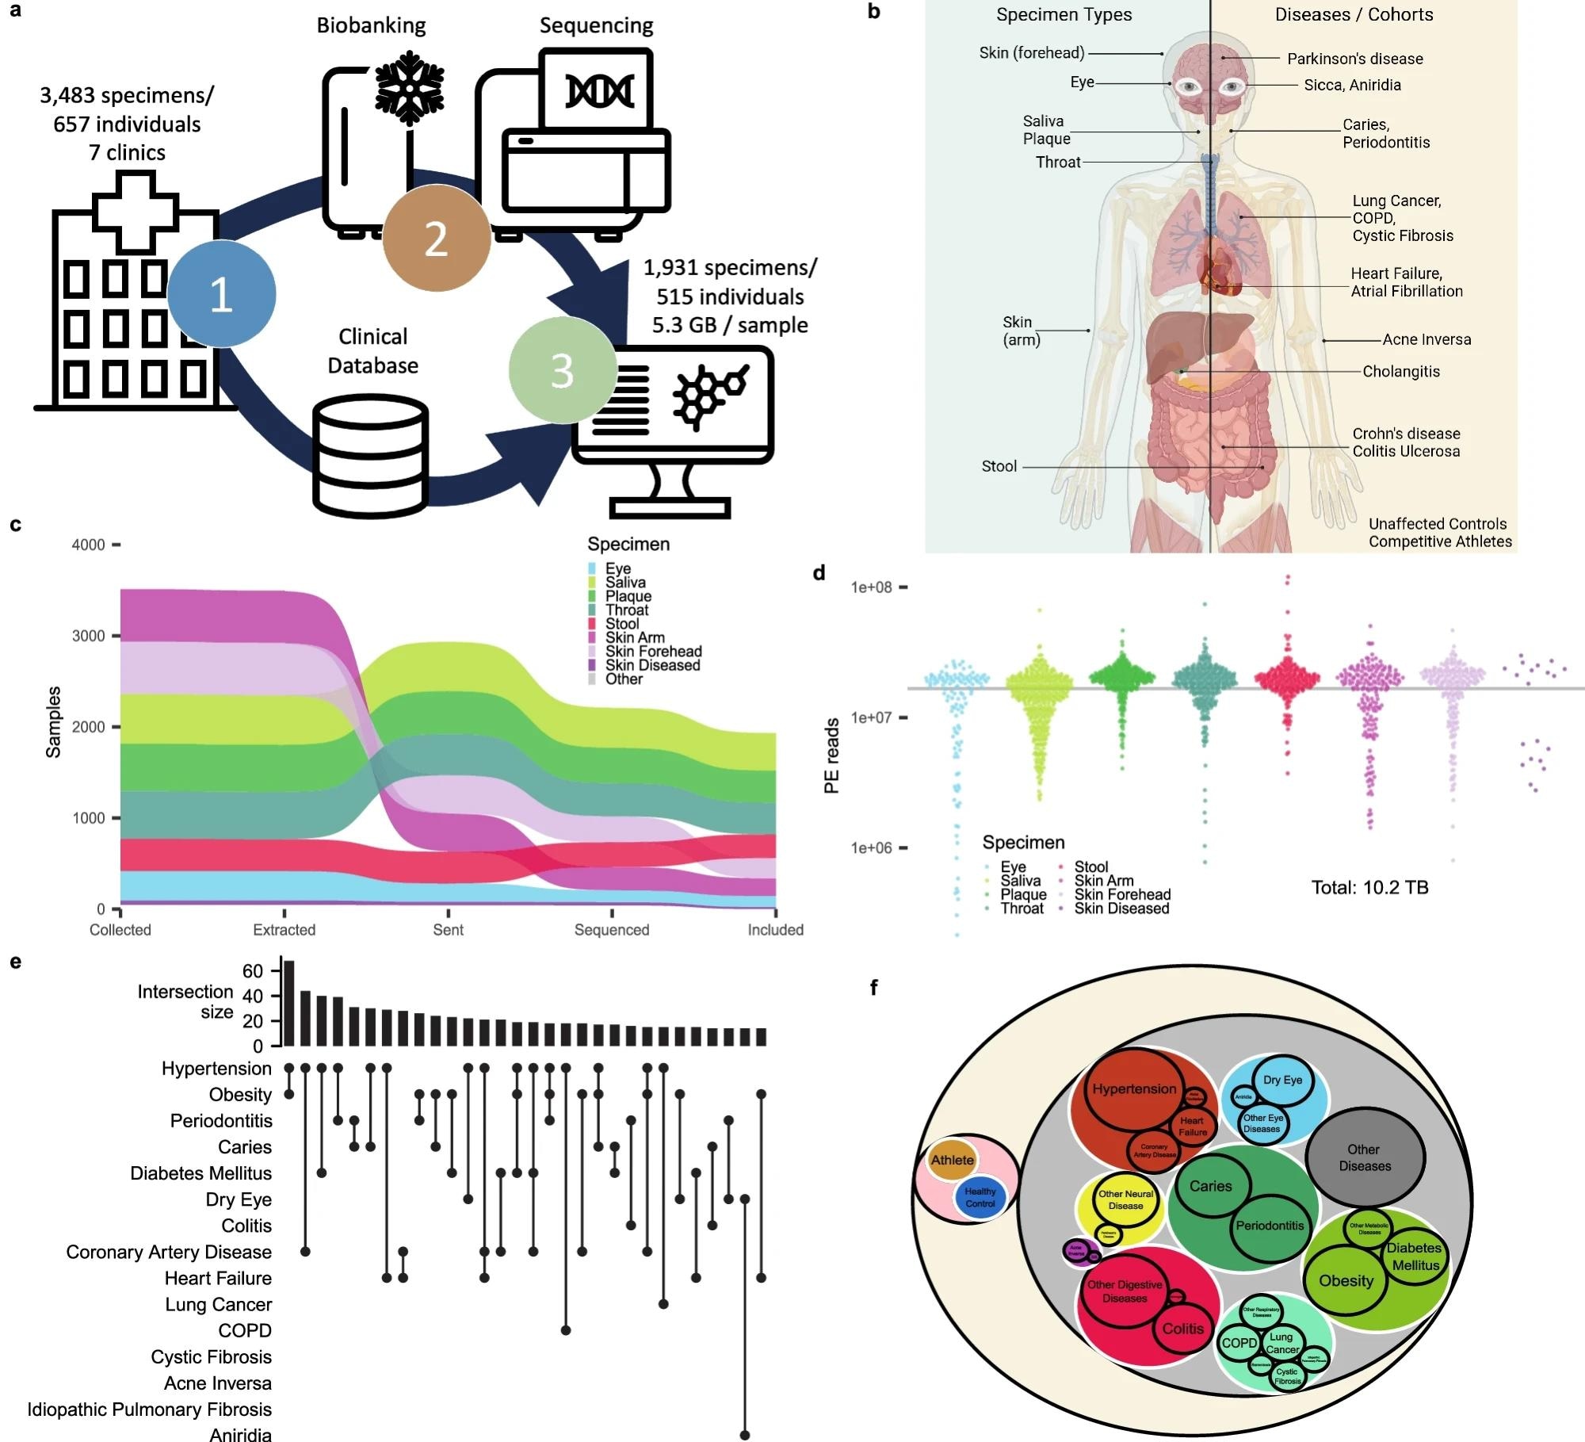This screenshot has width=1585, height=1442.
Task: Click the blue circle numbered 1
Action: point(221,293)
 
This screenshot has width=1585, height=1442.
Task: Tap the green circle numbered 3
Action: point(562,370)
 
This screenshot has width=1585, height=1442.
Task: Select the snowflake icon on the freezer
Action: point(409,88)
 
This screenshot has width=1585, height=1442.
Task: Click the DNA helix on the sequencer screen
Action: point(599,91)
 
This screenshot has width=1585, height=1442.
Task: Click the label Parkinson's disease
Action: point(1354,59)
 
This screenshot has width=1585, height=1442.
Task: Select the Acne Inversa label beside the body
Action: point(1426,339)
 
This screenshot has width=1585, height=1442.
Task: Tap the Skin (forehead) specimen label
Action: point(1031,53)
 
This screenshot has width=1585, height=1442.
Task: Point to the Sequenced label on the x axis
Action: point(611,929)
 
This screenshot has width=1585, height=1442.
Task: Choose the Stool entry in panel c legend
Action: point(621,624)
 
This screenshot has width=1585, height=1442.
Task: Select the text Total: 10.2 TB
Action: point(1369,887)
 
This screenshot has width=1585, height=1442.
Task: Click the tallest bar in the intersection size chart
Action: point(289,1003)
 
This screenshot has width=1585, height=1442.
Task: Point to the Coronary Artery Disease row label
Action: point(169,1252)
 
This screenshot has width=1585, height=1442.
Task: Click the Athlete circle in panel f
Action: point(952,1160)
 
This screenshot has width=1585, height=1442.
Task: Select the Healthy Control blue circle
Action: point(980,1197)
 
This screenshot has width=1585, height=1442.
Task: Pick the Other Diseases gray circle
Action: point(1364,1157)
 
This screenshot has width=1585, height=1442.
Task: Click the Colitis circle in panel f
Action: point(1182,1329)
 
